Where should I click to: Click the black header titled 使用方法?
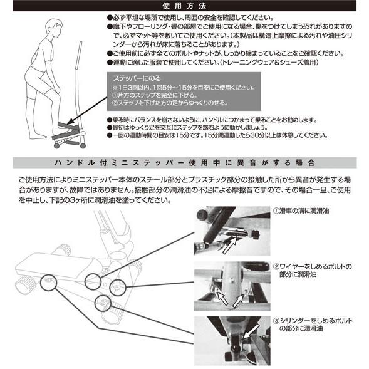coord(184,6)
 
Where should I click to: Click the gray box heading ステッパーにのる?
coord(137,78)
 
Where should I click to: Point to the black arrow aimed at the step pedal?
coord(86,111)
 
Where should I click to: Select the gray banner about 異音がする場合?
coord(185,163)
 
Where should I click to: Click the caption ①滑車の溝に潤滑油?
coord(301,211)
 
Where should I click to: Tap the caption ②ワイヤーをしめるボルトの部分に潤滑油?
coord(312,271)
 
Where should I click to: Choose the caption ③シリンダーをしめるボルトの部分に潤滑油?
coord(313,325)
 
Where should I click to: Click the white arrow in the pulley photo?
coord(229,246)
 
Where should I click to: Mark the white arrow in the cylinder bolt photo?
coord(251,331)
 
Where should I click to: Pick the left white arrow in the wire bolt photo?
coord(222,298)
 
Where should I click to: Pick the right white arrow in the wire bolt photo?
coord(237,301)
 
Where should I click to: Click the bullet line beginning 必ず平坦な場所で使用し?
coord(190,18)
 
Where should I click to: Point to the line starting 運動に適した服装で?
coord(213,63)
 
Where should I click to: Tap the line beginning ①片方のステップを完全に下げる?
coord(154,95)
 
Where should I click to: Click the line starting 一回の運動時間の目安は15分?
coord(217,135)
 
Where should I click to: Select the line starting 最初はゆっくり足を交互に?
coord(187,128)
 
